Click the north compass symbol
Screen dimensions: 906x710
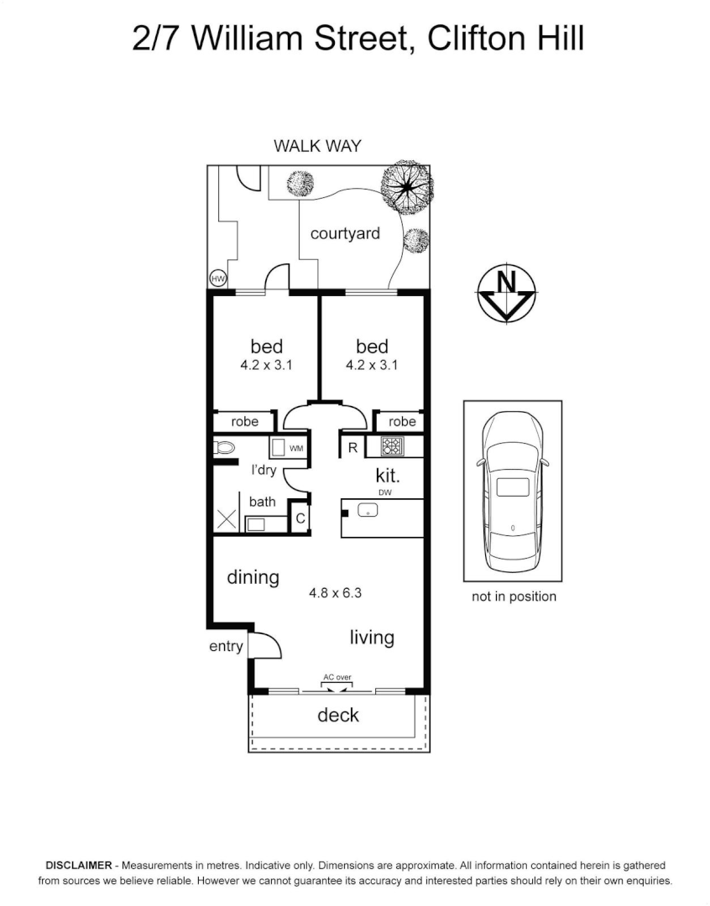[x=506, y=293]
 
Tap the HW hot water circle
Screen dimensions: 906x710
[x=217, y=279]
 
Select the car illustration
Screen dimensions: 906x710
[x=512, y=491]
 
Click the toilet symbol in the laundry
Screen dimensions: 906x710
[x=223, y=448]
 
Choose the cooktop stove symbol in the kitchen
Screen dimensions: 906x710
[x=392, y=446]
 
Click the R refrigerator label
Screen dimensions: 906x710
[x=352, y=448]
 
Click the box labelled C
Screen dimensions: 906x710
[x=300, y=519]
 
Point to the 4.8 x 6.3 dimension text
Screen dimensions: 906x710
[x=335, y=593]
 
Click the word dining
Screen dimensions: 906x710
[x=253, y=577]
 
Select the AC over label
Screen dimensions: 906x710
[x=337, y=676]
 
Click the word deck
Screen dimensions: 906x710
[x=338, y=715]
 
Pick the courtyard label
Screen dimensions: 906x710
[x=345, y=233]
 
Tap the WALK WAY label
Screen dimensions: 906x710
[x=317, y=146]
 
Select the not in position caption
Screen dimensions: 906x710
[x=513, y=596]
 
